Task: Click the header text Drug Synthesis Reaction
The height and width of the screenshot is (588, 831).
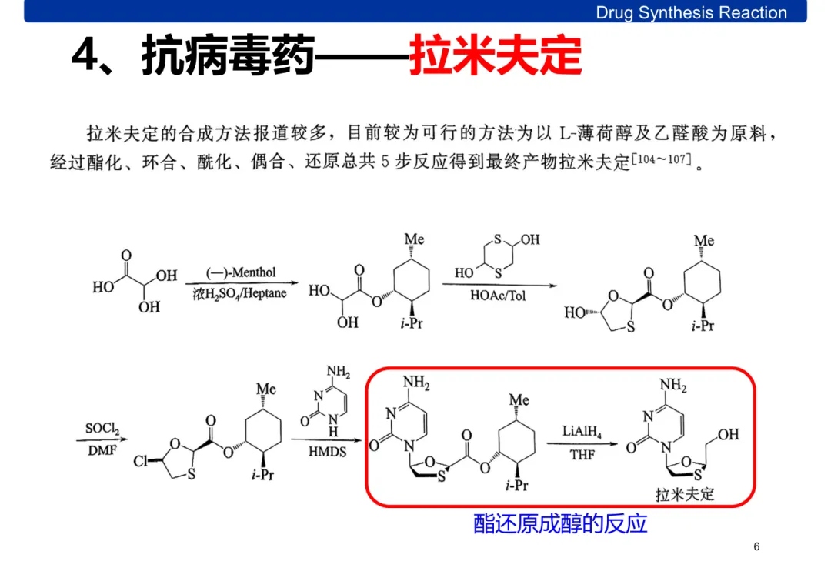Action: pos(691,12)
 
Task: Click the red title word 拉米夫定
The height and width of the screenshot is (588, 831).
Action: pos(495,55)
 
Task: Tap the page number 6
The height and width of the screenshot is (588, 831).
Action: pos(756,546)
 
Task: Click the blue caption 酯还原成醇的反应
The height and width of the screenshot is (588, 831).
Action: pos(560,524)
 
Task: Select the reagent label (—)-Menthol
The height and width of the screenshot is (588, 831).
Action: pos(241,273)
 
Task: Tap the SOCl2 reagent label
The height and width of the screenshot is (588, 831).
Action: pos(102,428)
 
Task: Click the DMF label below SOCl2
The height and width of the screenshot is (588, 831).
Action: pos(102,449)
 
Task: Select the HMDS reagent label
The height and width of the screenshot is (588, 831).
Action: pos(328,452)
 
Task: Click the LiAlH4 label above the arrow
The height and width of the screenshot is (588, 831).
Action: pos(582,431)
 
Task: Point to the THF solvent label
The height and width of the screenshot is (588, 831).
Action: pos(582,455)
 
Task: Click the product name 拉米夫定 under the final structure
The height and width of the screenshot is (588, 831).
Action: pos(685,493)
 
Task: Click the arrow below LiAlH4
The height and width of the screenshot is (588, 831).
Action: pos(582,443)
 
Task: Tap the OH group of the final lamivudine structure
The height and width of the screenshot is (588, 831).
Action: pos(727,435)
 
